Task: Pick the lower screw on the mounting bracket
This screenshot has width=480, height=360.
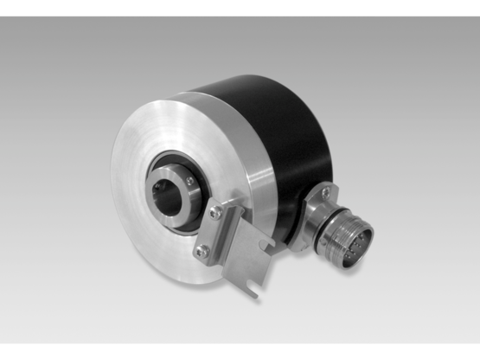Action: [x=202, y=252]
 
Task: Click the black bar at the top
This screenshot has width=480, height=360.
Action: [x=240, y=7]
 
